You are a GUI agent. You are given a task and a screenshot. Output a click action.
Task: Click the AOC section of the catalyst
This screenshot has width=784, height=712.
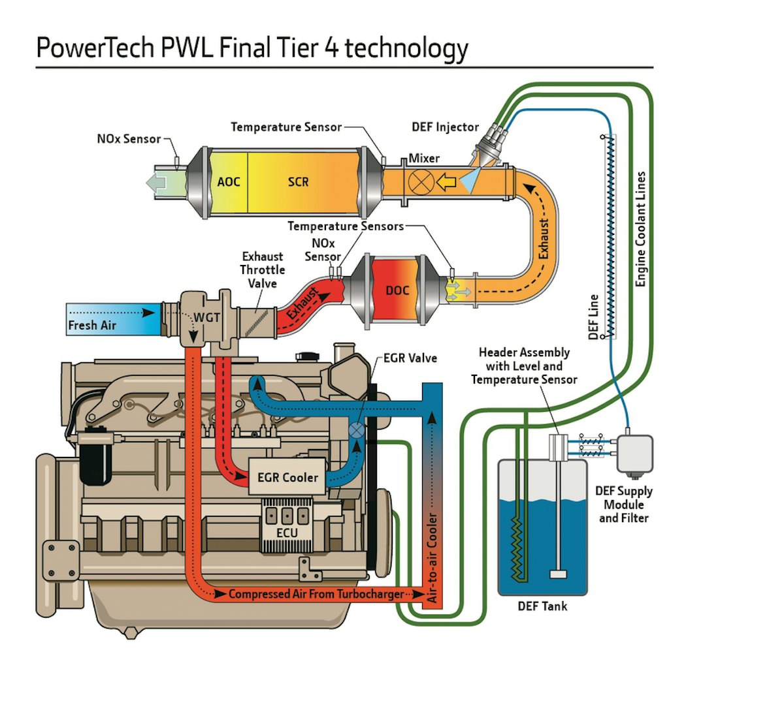[x=228, y=182]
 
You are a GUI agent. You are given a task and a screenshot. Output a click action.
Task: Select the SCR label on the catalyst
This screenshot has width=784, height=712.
[x=298, y=182]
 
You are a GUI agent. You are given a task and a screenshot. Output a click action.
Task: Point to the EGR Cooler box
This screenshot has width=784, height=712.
[x=287, y=478]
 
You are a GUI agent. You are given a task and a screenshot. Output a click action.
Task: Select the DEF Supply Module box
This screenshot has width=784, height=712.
[x=634, y=452]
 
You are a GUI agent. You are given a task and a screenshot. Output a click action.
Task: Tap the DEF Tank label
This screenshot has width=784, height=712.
[x=542, y=606]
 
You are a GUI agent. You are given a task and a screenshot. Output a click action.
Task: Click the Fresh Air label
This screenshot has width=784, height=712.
[x=92, y=325]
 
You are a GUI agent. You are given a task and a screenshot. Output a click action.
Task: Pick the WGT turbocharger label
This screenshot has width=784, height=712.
[x=206, y=317]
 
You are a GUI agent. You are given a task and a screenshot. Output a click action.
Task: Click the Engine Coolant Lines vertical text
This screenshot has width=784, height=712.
[x=640, y=228]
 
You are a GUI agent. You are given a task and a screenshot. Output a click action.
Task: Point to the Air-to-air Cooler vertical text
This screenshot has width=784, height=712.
[x=432, y=558]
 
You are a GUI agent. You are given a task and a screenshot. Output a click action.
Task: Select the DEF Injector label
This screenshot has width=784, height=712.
[x=445, y=127]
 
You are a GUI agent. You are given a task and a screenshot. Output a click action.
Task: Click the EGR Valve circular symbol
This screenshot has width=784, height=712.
[x=357, y=431]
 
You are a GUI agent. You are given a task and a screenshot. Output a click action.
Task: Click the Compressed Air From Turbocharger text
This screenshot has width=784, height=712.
[x=316, y=595]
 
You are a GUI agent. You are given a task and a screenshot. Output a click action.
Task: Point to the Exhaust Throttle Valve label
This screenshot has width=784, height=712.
[x=262, y=270]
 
